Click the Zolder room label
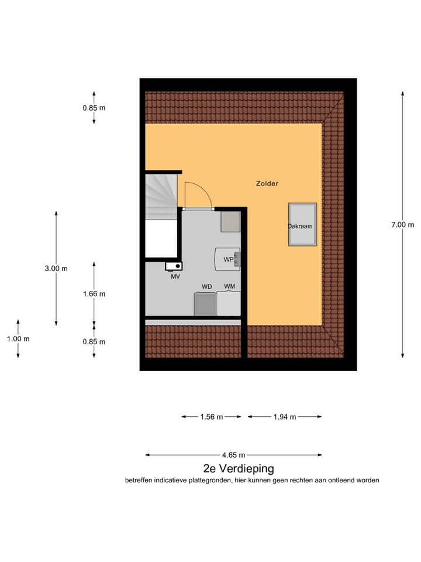[267, 183]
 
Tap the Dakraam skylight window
[302, 225]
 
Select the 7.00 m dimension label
[402, 225]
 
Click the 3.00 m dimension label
[56, 268]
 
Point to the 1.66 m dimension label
[94, 294]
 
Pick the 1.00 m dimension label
[18, 339]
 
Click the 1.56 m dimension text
[211, 417]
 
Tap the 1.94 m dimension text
[285, 417]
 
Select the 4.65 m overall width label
[233, 455]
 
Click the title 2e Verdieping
[238, 468]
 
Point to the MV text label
[175, 277]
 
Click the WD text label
[206, 286]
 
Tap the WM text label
[229, 286]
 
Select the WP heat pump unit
[228, 259]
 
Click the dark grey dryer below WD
[205, 304]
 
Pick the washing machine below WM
[229, 304]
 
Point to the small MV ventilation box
[174, 266]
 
